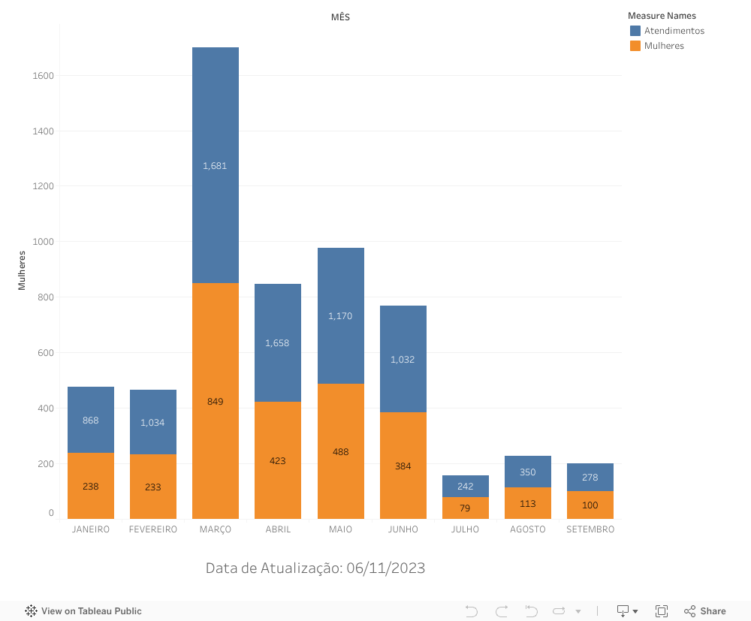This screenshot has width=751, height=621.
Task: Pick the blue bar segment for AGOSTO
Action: (528, 472)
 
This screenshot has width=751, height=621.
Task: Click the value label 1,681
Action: (215, 166)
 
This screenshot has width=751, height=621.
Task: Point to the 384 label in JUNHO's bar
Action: (403, 466)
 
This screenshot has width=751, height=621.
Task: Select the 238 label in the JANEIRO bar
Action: (91, 487)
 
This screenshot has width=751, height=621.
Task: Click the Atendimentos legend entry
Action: (674, 31)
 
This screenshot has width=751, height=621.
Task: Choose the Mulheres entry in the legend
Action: (664, 46)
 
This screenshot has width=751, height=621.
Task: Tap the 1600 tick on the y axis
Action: (44, 76)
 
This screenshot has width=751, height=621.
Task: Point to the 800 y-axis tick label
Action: (47, 297)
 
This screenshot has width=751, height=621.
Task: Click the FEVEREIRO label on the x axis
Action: (153, 529)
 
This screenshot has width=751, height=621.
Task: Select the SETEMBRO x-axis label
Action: (590, 529)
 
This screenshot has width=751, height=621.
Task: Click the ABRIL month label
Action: (278, 529)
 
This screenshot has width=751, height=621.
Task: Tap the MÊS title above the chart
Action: (340, 17)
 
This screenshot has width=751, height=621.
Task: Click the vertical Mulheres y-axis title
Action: (22, 270)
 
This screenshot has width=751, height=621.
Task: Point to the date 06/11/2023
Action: (386, 568)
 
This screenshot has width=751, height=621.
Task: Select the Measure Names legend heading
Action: (662, 16)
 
